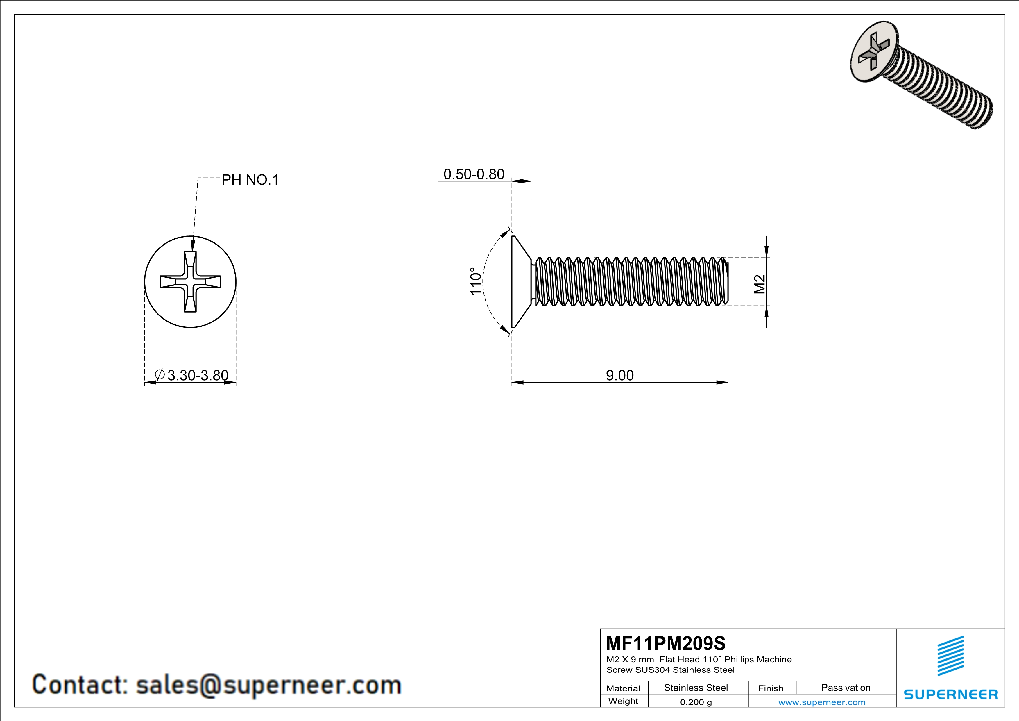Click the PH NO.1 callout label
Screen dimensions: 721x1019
tap(250, 180)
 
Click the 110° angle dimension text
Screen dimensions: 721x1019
tap(475, 281)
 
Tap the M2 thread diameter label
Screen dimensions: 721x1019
tap(760, 284)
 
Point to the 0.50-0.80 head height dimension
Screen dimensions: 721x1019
tap(474, 174)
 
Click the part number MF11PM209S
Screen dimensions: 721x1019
tap(666, 643)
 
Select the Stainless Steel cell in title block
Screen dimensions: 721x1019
tap(696, 688)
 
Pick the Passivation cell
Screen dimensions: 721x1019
tap(846, 688)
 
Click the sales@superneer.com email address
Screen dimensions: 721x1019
tap(268, 685)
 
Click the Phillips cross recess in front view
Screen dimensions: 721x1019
tap(190, 282)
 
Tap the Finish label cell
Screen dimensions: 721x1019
tap(771, 688)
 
